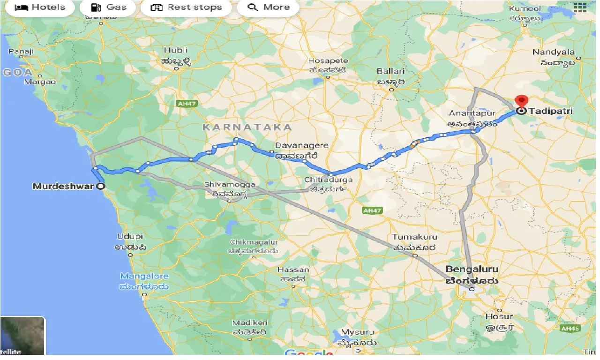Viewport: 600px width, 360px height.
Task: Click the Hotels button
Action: [x=40, y=7]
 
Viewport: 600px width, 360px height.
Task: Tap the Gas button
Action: [x=108, y=7]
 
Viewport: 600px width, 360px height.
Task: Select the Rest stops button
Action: [x=186, y=7]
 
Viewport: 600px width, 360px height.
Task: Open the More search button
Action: [x=269, y=7]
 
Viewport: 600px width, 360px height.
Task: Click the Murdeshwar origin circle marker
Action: [x=100, y=186]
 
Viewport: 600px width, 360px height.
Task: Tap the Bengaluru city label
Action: [x=472, y=270]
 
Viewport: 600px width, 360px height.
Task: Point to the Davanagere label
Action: [x=301, y=145]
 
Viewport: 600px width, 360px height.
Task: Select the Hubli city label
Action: [x=176, y=50]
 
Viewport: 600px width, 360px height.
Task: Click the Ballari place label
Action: [x=391, y=71]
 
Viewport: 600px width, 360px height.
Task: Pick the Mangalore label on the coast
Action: [x=144, y=276]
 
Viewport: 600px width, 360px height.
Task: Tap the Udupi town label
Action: [x=130, y=237]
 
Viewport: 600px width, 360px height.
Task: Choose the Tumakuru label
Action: [x=414, y=237]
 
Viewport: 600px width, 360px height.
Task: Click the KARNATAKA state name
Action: [x=247, y=127]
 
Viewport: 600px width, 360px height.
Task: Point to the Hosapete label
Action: [x=328, y=61]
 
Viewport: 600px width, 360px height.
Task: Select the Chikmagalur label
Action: [x=254, y=242]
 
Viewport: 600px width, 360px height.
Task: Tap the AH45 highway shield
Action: [x=571, y=329]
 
